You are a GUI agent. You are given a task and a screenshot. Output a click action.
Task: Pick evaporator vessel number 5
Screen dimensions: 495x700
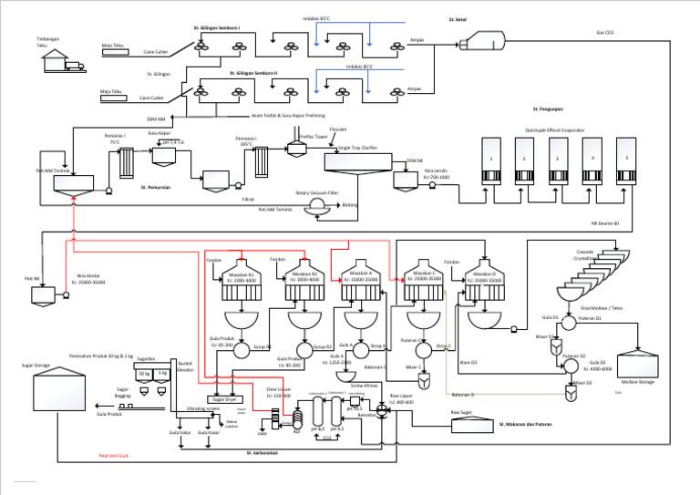[625, 162]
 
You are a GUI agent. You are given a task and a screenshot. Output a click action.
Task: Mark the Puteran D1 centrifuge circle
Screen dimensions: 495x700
[568, 323]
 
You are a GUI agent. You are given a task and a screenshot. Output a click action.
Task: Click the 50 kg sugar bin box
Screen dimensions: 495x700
[144, 374]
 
